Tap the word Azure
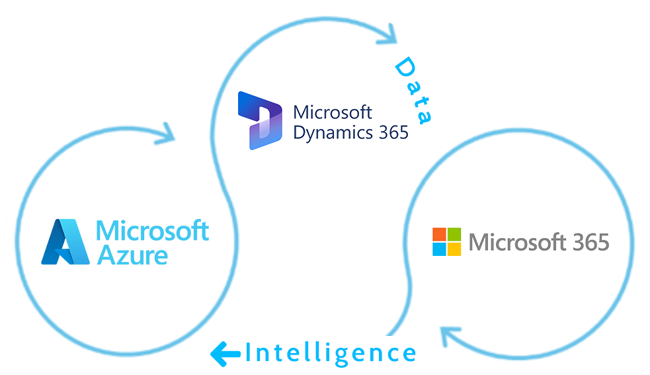(x=132, y=255)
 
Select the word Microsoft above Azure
(x=153, y=231)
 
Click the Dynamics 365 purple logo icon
(x=260, y=120)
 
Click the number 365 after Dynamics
(x=389, y=132)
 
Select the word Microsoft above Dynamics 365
(x=333, y=112)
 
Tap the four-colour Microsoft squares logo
(x=446, y=242)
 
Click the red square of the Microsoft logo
(x=439, y=235)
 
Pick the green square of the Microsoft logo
(x=454, y=235)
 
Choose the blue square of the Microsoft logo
(x=439, y=249)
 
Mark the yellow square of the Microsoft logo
(x=454, y=249)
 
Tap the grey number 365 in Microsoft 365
(x=587, y=242)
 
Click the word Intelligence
(x=331, y=353)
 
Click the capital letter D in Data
(x=404, y=67)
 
